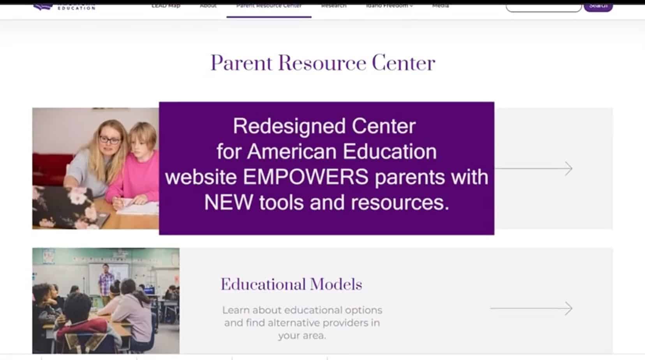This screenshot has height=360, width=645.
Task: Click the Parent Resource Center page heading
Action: (322, 63)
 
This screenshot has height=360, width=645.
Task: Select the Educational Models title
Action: (291, 284)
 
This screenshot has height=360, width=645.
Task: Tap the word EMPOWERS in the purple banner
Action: (306, 177)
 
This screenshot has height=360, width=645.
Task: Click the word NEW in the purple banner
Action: (228, 203)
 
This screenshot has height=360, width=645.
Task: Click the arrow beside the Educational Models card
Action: (531, 308)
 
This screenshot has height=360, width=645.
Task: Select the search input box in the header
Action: (543, 7)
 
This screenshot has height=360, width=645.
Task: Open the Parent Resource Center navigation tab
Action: (269, 6)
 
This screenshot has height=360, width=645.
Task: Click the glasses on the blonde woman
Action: (109, 139)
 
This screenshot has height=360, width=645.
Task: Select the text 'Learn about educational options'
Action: (302, 310)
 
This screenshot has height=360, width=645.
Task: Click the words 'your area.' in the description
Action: (302, 335)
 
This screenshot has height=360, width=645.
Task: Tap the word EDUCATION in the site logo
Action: (77, 8)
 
